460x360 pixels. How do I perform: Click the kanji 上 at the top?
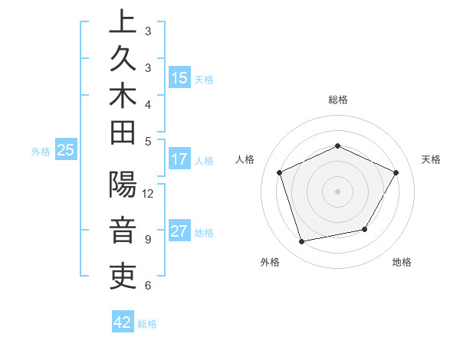click(x=123, y=21)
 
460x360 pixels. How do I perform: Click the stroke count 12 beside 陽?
click(x=148, y=193)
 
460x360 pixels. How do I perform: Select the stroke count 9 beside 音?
click(x=148, y=239)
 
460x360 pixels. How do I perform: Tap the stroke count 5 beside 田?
click(x=148, y=141)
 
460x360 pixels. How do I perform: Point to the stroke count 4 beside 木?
click(x=148, y=103)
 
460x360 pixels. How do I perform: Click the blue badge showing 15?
click(x=179, y=77)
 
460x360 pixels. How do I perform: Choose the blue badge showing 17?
click(x=179, y=159)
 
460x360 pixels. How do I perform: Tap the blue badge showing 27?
click(x=179, y=232)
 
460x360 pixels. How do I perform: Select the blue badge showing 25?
click(x=65, y=151)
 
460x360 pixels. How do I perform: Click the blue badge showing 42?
click(x=123, y=322)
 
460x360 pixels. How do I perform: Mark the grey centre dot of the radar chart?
click(x=337, y=191)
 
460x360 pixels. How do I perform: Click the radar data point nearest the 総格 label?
click(x=337, y=146)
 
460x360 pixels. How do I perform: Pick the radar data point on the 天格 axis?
click(x=396, y=172)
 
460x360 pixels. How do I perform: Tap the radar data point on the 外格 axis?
click(x=301, y=242)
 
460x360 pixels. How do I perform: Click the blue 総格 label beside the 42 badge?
click(x=147, y=324)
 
